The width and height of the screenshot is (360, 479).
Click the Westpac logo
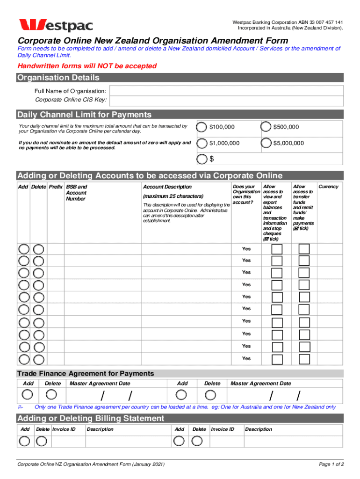point(56,25)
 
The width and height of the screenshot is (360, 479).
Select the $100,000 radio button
point(202,127)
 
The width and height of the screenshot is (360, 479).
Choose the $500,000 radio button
point(266,127)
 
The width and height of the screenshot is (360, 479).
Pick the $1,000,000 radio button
point(202,143)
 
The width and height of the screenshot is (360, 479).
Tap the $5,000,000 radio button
point(266,143)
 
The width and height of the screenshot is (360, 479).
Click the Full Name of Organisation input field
point(227,90)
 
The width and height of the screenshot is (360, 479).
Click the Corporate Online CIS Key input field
point(227,100)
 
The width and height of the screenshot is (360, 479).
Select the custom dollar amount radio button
point(202,159)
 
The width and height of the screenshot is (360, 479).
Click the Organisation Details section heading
point(58,78)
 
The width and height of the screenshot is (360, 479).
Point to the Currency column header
point(328,187)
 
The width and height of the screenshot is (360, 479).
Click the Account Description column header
point(167,187)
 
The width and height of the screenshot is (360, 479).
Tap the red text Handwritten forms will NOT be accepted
point(87,66)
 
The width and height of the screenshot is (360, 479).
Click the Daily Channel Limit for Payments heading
point(84,115)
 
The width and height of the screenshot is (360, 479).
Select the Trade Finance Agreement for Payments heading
point(86,373)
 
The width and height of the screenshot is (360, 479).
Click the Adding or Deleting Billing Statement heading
point(91,418)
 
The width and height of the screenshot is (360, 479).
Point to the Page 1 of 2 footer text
point(331,464)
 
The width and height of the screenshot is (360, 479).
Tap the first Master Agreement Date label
point(100,384)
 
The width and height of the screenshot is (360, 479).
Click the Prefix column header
point(56,187)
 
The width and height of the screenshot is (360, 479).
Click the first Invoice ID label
point(64,429)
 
